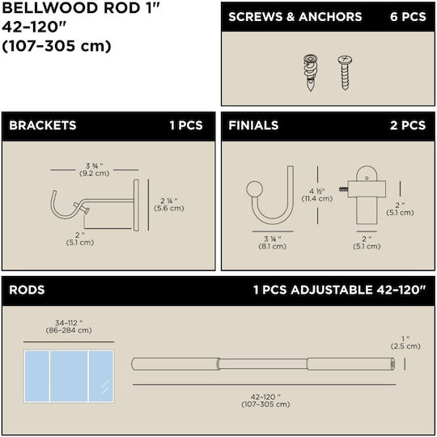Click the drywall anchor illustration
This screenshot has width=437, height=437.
[311, 73]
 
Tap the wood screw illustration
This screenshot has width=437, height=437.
[345, 73]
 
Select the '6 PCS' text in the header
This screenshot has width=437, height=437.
[408, 17]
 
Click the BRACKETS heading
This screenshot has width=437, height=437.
[43, 125]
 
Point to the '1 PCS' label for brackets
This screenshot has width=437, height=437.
[186, 125]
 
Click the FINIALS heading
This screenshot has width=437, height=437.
[253, 125]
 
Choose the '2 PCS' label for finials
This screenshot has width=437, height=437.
[408, 125]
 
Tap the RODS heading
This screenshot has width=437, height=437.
[27, 290]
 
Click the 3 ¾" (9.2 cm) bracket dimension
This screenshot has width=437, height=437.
[94, 169]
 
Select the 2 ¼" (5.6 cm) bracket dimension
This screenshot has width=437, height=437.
[169, 205]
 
